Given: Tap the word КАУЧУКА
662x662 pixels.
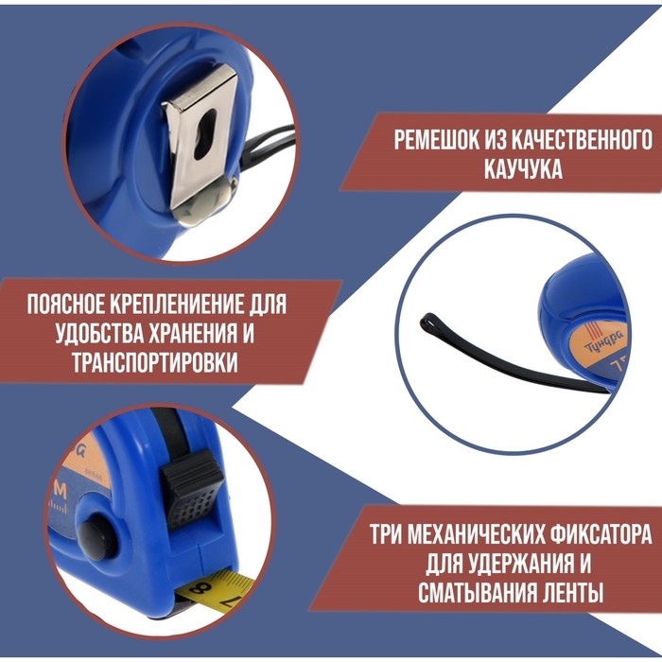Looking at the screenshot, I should pyautogui.click(x=519, y=170).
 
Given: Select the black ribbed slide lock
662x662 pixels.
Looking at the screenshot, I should pyautogui.click(x=194, y=493).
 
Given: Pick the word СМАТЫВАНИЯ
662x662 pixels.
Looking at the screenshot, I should pyautogui.click(x=491, y=594).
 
